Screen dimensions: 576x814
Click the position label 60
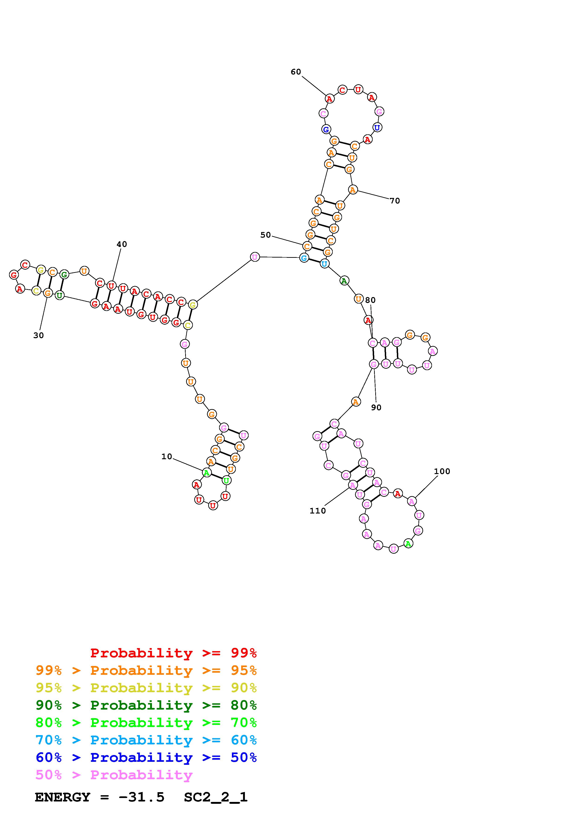[296, 72]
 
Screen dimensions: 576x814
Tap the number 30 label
[38, 335]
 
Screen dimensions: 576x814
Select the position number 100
[442, 471]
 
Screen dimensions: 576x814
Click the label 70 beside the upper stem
[395, 201]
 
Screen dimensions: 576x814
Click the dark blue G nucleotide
[326, 129]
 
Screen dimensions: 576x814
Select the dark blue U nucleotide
[377, 127]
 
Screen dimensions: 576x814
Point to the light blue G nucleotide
[304, 258]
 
